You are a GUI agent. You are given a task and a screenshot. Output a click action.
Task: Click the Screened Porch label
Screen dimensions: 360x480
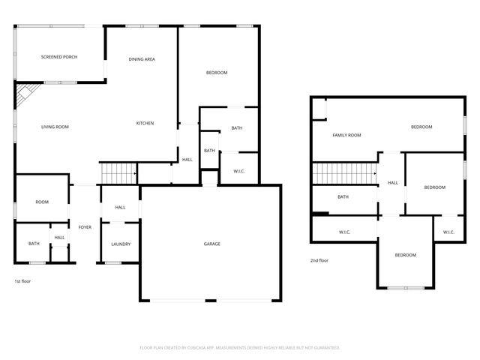tap(59, 57)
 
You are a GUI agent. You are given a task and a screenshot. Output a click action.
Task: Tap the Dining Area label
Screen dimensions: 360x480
tap(142, 58)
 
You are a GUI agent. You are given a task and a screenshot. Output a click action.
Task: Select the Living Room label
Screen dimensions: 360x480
tap(55, 127)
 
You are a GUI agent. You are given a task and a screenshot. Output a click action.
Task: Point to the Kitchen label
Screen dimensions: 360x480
tap(145, 123)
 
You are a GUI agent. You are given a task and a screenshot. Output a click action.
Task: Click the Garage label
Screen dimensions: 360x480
tap(212, 244)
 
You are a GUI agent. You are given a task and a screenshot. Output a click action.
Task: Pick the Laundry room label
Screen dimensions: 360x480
tap(121, 244)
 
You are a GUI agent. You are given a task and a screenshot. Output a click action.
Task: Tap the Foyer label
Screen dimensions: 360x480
tap(85, 226)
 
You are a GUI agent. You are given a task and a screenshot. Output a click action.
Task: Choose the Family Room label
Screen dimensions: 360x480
tap(347, 135)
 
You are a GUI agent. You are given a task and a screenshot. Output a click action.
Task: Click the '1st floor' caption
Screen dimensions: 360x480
tap(22, 280)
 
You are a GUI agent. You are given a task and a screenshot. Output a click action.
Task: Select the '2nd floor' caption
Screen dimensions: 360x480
tap(319, 260)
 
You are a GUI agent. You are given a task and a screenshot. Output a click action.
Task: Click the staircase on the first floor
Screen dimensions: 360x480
tap(118, 173)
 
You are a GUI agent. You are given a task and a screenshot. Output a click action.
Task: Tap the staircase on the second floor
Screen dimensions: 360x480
tap(343, 173)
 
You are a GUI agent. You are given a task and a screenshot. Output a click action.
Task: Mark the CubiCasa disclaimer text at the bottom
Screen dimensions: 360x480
tap(240, 348)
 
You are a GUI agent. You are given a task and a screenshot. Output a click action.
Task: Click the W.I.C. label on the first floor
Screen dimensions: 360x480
tap(240, 170)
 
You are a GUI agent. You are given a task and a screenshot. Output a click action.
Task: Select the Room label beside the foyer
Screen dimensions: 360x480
tap(41, 202)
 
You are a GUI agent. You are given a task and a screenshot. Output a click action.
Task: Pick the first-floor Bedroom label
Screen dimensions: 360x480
tap(217, 72)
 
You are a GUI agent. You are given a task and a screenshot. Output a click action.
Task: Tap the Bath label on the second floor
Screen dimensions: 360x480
tap(343, 196)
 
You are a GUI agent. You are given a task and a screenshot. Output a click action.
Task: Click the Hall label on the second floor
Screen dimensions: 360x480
tap(392, 182)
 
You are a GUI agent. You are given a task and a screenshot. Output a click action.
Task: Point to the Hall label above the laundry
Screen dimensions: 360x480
tap(120, 207)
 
